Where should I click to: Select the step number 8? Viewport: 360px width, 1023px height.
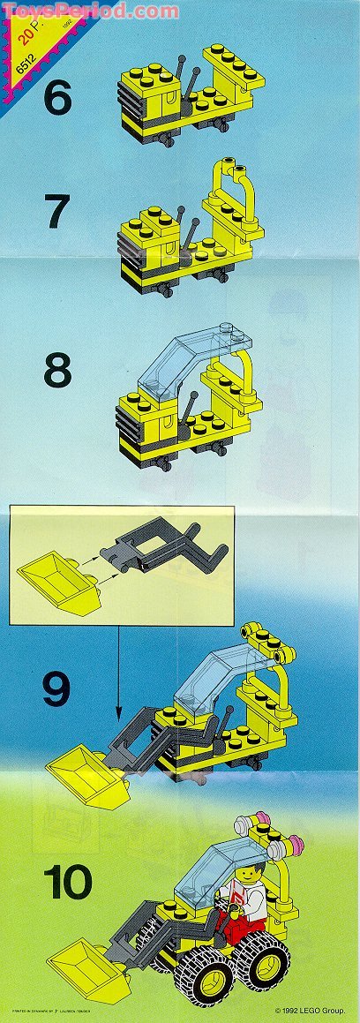point(56,372)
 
